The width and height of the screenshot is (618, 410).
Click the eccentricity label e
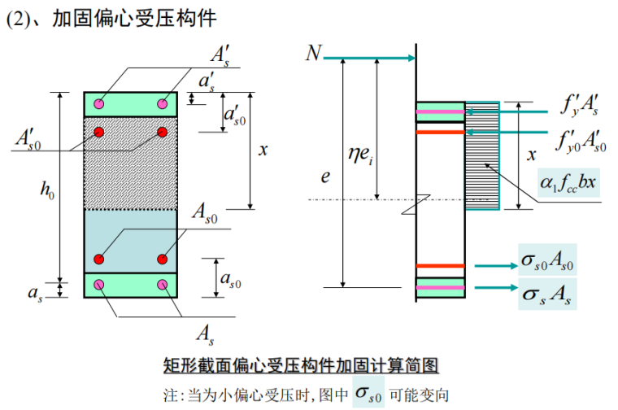pos(324,174)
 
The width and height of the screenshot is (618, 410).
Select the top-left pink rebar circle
pos(99,103)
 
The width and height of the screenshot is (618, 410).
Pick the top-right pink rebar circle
pos(163,103)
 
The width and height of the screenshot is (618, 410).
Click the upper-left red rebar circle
pos(99,132)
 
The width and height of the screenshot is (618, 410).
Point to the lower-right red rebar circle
pos(163,259)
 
